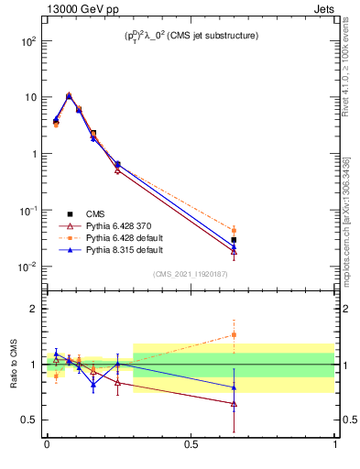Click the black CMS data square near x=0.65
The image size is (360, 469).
coord(234,240)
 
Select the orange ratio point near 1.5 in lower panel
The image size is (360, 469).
coord(234,334)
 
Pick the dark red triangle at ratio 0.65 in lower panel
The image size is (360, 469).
coord(234,403)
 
